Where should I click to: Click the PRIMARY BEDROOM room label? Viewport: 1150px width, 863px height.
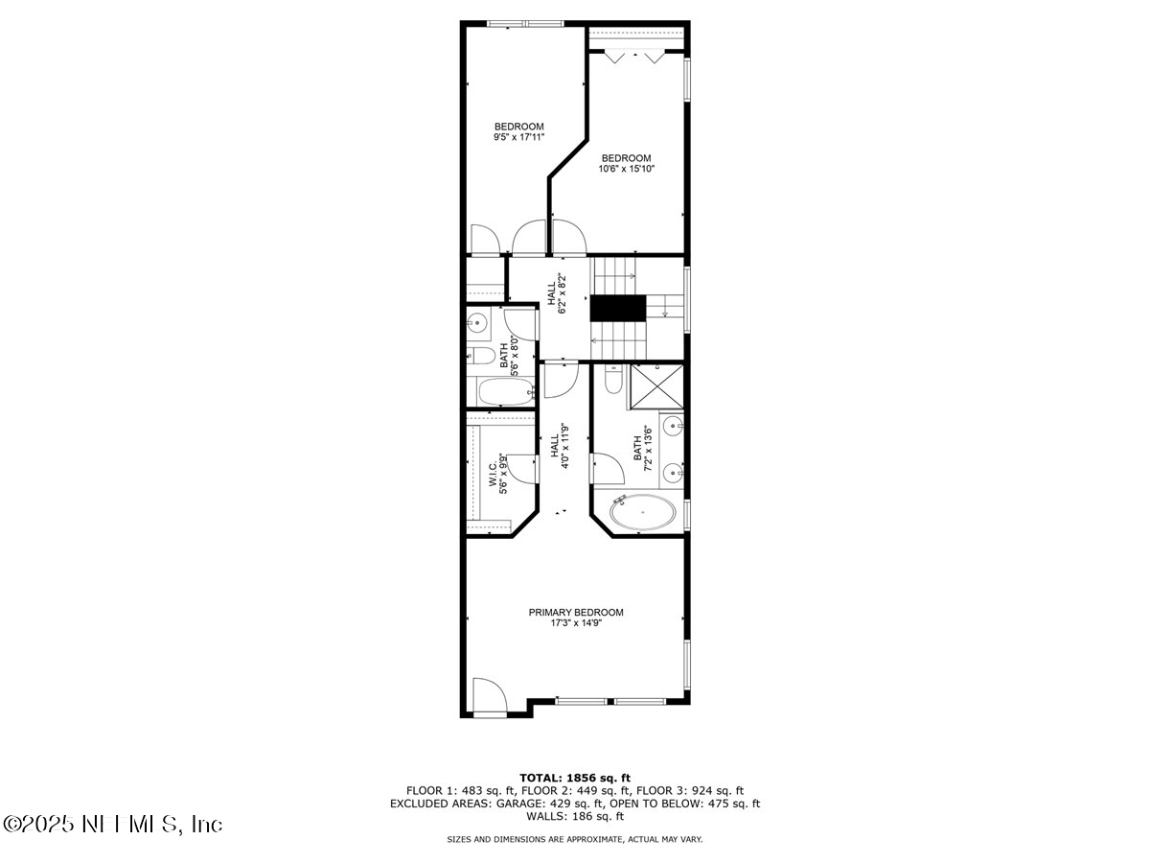[x=576, y=612]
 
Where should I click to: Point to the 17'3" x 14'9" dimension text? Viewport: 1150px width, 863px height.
[x=576, y=623]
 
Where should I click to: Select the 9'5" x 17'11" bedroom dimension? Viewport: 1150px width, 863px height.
[x=519, y=138]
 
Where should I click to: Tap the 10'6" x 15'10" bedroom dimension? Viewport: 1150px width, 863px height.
[x=626, y=170]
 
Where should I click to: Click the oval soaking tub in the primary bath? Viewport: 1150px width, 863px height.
[x=642, y=514]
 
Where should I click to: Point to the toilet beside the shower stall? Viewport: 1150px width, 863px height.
[x=614, y=383]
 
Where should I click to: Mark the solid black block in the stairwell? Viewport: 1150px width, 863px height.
[x=617, y=309]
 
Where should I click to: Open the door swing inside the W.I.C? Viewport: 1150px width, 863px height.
[x=521, y=468]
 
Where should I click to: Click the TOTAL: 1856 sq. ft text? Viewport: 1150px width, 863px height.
[x=575, y=778]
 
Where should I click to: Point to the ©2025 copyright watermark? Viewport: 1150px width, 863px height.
[x=113, y=824]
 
